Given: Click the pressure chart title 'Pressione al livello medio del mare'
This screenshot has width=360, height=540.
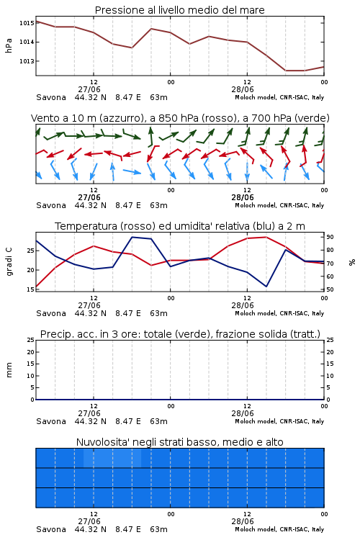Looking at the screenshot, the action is pos(179,10).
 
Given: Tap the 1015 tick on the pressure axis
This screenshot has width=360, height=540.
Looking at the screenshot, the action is pos(27,23).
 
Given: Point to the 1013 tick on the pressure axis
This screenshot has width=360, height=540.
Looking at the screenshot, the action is pos(27,61).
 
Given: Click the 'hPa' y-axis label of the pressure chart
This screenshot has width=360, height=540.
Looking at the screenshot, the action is pos(9,45).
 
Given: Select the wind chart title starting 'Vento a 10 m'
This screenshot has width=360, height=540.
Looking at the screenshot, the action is pos(180,118).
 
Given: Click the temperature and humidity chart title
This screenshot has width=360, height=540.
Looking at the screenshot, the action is pos(180,226).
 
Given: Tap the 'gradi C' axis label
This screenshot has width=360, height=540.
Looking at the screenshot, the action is pos(9,261).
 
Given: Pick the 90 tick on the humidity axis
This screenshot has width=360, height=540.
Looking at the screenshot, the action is pos(330,237).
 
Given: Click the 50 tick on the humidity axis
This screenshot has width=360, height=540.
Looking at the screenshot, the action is pos(330,289).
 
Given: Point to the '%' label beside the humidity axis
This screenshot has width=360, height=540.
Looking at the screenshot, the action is pos(352,262).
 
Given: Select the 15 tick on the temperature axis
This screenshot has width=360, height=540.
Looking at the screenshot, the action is pos(31,289).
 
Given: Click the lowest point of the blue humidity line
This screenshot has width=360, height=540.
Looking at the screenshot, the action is pos(266,287).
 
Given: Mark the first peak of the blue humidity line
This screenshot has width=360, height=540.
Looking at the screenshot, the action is pos(132,237).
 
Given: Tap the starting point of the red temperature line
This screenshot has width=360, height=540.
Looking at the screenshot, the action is pos(36,287).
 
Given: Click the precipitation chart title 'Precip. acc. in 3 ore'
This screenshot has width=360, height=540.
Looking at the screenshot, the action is pos(180,334).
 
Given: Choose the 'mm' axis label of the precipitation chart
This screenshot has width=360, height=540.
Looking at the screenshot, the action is pos(9,370).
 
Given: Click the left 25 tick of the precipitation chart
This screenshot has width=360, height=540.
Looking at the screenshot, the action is pos(31,340).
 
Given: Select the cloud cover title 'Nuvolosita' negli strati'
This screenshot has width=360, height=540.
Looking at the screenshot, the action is pos(179,442).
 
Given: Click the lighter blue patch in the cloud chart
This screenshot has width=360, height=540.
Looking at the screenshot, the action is pos(112,458).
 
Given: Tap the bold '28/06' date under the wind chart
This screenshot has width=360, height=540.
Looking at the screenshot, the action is pos(243,197).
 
